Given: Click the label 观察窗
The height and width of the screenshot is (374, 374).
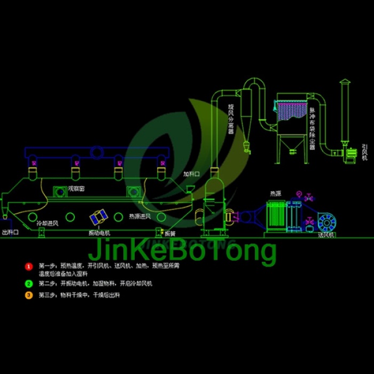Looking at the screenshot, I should pos(77,189).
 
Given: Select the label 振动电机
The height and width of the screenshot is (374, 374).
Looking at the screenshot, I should pos(99,233).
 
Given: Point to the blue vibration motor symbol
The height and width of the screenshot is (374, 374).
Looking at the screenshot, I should pos(99,217).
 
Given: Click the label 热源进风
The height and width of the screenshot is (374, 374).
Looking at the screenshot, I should pos(139,217).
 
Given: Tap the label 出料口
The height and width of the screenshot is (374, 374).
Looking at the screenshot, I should pos(11,233).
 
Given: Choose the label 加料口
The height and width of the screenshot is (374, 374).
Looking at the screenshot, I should pos(191,174).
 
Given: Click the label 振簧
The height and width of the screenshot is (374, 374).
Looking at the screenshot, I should pos(169,233).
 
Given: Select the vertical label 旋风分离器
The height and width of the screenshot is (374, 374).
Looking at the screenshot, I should pos(231,119).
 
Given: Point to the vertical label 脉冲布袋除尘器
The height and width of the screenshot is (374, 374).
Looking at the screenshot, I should pos(312,128).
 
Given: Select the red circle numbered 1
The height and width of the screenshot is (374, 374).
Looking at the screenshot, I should pos(29,266).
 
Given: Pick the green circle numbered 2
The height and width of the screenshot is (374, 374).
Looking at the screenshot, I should pos(29,284).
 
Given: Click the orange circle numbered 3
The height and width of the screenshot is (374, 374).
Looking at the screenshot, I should pos(29,295).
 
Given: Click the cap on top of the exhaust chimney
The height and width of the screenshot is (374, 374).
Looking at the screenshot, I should pos(345,82).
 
